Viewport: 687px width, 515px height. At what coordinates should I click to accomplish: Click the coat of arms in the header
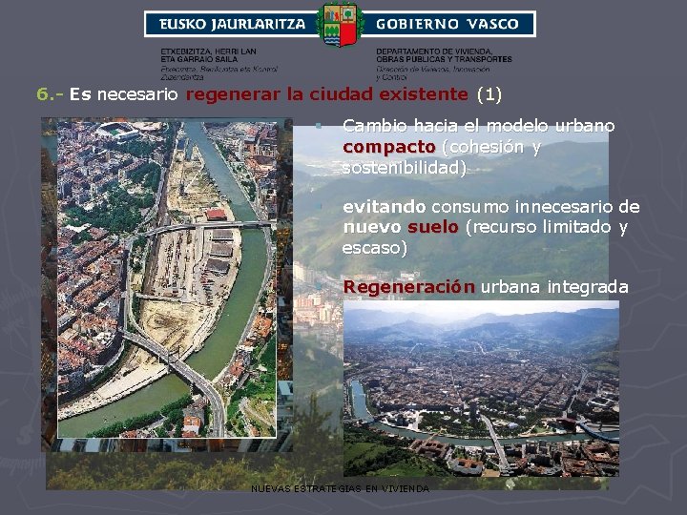pyautogui.click(x=341, y=24)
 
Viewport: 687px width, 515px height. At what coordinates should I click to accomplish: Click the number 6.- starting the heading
pyautogui.click(x=50, y=94)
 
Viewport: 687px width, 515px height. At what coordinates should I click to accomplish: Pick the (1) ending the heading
pyautogui.click(x=489, y=94)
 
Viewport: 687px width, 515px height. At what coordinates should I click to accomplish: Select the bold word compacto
pyautogui.click(x=388, y=147)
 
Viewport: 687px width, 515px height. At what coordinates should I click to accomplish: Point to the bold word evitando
pyautogui.click(x=385, y=207)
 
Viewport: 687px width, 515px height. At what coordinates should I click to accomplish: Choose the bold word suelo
pyautogui.click(x=433, y=228)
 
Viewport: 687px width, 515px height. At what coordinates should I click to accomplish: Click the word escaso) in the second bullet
pyautogui.click(x=374, y=248)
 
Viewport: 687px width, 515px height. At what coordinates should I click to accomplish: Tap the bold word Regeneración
pyautogui.click(x=408, y=287)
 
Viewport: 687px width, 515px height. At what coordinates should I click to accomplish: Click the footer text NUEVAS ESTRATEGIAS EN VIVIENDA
pyautogui.click(x=340, y=489)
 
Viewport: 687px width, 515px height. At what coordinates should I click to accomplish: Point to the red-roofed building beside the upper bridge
pyautogui.click(x=217, y=215)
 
